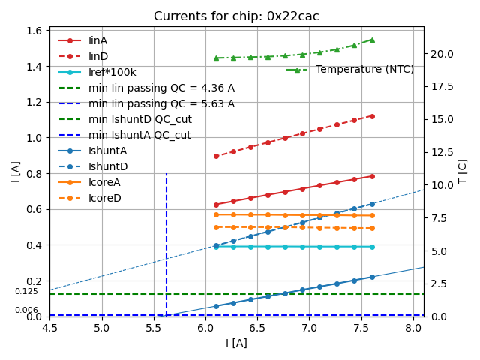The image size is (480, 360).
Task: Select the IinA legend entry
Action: pos(97,40)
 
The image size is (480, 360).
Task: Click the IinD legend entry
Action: pos(97,56)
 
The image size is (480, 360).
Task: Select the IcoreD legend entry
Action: pos(104,198)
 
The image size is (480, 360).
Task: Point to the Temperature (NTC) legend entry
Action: pos(364,70)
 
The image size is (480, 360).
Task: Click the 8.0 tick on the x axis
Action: pos(413,328)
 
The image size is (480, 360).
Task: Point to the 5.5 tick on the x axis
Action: pos(154,328)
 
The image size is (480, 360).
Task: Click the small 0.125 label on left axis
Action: pos(26,292)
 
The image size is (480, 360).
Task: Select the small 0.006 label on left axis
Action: pos(26,310)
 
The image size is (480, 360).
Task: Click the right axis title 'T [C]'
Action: pos(463,173)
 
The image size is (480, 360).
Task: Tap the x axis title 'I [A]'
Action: pos(236,343)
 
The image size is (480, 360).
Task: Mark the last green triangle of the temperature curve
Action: pos(372,40)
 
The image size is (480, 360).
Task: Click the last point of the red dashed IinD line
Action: pos(372,116)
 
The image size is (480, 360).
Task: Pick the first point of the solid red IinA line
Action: pos(216,205)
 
